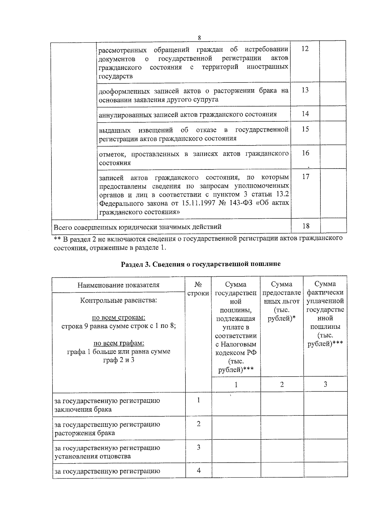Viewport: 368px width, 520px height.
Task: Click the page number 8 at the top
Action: (x=199, y=38)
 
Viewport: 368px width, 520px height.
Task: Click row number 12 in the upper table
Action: (x=305, y=49)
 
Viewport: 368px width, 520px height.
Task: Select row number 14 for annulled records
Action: (x=305, y=114)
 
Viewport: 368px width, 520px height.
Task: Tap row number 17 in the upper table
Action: (x=305, y=176)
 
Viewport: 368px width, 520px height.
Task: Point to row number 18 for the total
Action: (x=306, y=226)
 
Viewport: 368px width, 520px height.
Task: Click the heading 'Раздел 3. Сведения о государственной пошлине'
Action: (x=201, y=264)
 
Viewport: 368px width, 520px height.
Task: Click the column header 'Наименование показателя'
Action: (x=118, y=285)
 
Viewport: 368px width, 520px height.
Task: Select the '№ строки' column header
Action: (x=198, y=289)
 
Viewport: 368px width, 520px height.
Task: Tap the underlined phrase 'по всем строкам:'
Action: (x=118, y=317)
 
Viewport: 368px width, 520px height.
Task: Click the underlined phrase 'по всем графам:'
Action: (x=118, y=343)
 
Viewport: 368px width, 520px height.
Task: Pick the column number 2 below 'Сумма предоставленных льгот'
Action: (x=282, y=384)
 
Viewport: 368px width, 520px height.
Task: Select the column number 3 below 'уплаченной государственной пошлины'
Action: (x=325, y=384)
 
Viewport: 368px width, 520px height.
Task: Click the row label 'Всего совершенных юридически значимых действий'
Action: (x=137, y=227)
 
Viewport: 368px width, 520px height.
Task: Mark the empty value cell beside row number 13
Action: (x=333, y=94)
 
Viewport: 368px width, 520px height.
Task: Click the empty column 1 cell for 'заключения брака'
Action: (x=236, y=404)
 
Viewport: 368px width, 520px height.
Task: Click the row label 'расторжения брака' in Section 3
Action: (x=85, y=433)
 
